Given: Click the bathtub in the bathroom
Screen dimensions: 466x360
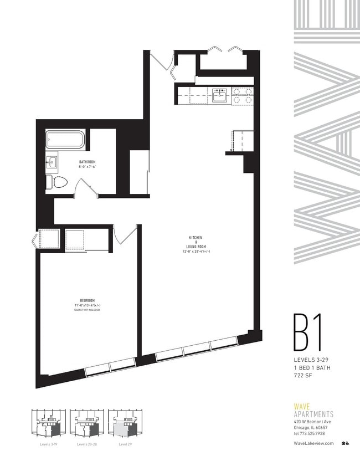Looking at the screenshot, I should point(65,139).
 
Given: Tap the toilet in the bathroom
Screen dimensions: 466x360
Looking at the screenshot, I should point(58,181).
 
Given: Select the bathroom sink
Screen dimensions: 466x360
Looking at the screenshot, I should point(53,162).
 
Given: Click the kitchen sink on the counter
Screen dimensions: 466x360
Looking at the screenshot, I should point(220,95).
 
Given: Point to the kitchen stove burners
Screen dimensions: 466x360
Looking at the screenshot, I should point(242,96).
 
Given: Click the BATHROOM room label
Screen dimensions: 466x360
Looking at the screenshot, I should point(88,162).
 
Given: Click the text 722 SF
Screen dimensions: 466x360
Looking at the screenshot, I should point(304,375).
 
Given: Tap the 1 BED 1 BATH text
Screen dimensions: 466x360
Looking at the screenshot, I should point(314,367).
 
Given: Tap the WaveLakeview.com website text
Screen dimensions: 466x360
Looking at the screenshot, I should point(313,443).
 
